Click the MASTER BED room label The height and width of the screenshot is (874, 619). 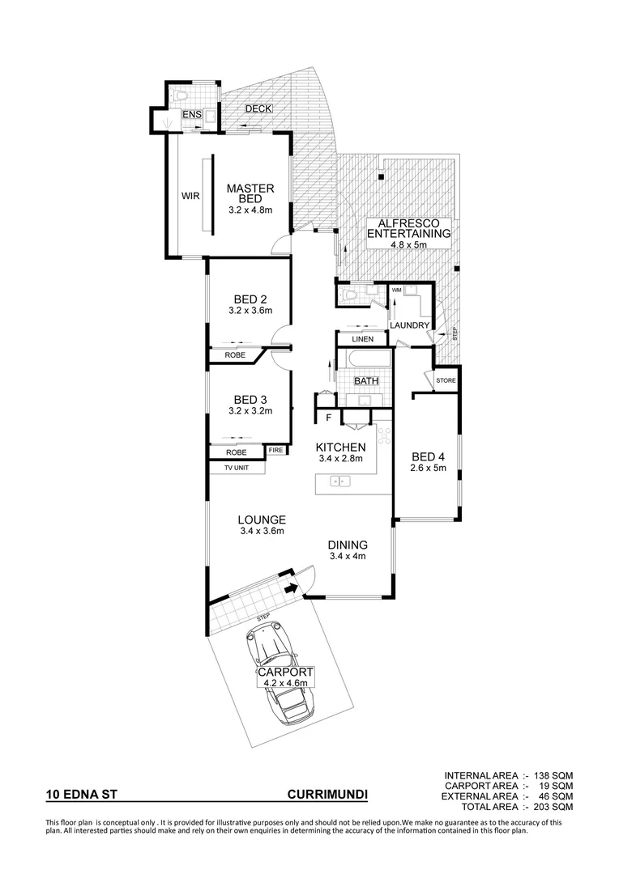250,193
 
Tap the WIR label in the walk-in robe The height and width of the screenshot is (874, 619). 190,196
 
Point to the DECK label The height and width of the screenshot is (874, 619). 258,109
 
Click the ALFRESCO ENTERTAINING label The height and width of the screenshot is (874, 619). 409,228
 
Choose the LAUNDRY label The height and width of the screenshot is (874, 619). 409,325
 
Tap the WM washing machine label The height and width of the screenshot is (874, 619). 397,290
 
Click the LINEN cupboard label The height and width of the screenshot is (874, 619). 363,339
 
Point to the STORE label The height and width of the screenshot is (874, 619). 446,380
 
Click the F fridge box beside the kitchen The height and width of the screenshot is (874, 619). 328,418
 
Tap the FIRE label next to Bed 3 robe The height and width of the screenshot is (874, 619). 276,450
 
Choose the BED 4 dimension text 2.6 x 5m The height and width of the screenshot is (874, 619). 429,467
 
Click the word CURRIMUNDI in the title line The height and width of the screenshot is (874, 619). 327,796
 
